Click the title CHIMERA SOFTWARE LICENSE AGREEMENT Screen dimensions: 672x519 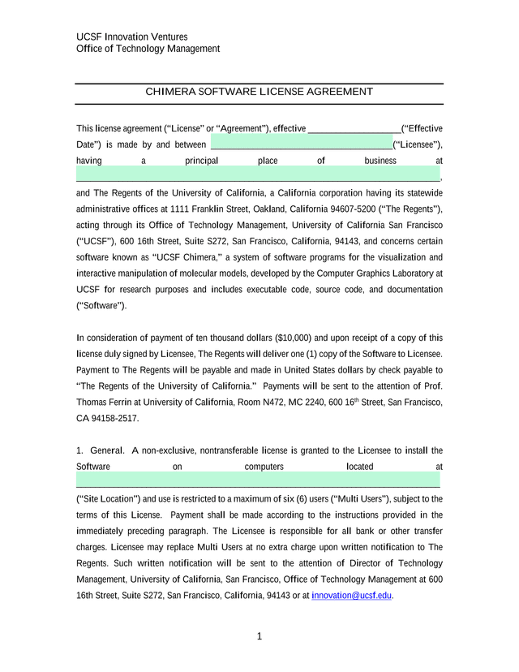pyautogui.click(x=259, y=92)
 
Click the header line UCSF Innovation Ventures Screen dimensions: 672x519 pyautogui.click(x=131, y=37)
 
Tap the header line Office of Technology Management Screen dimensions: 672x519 pyautogui.click(x=148, y=49)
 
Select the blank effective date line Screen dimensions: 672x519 pyautogui.click(x=354, y=129)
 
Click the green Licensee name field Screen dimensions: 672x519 pyautogui.click(x=301, y=145)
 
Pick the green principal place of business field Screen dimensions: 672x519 pyautogui.click(x=258, y=176)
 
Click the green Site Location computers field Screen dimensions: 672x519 pyautogui.click(x=258, y=482)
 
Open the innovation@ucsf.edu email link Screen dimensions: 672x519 pyautogui.click(x=351, y=596)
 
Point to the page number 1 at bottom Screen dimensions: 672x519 pyautogui.click(x=259, y=637)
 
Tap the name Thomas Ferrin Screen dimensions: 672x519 pyautogui.click(x=109, y=403)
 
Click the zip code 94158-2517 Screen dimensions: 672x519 pyautogui.click(x=117, y=419)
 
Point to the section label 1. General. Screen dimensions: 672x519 pyautogui.click(x=100, y=450)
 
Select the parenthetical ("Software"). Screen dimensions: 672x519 pyautogui.click(x=101, y=306)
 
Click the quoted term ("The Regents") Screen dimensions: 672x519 pyautogui.click(x=408, y=209)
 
